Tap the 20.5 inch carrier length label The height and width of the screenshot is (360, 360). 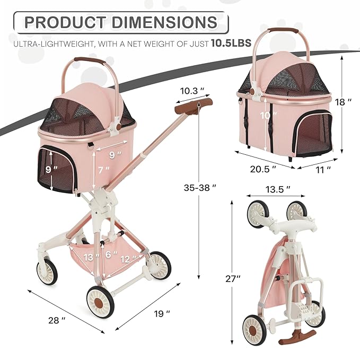click(x=264, y=169)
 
